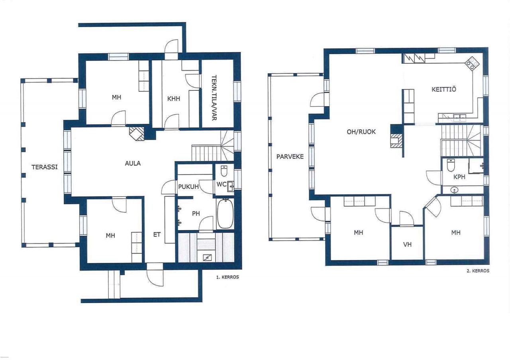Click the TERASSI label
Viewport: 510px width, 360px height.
coord(44,167)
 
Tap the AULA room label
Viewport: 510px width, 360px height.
coord(133,163)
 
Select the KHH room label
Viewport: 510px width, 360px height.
coord(173,98)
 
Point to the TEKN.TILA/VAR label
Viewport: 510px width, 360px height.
coord(214,98)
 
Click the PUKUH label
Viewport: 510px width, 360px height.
coord(188,187)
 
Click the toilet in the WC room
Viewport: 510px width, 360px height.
coord(224,171)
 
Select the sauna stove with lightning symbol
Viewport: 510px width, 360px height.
coord(207,258)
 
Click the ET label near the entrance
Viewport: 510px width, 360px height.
coord(157,235)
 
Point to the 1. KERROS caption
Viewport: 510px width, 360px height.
coord(228,277)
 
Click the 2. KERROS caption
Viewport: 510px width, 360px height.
coord(478,271)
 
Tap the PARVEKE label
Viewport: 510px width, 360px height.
coord(290,157)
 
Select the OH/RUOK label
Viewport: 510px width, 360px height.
coord(361,132)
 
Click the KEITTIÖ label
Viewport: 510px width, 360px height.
coord(444,89)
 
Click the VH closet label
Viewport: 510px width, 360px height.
coord(407,245)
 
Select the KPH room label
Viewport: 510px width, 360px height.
coord(459,177)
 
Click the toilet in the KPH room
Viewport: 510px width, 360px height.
coord(451,165)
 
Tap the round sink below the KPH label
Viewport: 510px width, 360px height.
coord(455,190)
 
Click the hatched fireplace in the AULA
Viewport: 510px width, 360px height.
coord(137,133)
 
